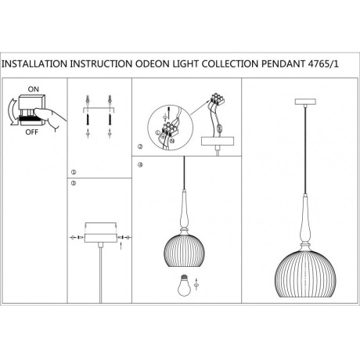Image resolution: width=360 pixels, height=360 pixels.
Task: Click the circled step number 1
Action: [x=74, y=171]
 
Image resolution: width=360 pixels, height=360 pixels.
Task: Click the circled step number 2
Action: [x=139, y=146]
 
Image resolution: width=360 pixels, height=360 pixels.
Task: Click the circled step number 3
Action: [x=74, y=182]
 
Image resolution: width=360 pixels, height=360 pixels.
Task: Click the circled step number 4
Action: [x=139, y=164]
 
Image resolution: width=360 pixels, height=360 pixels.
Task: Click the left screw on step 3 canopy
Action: [x=78, y=236]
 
